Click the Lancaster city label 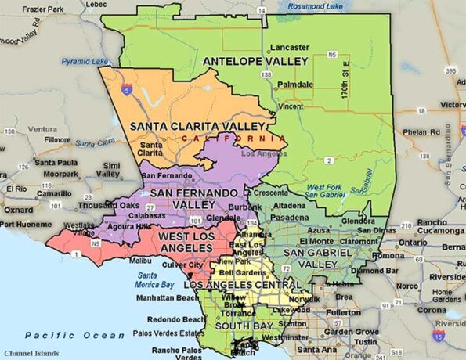coord(290,47)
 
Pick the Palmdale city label coord(295,84)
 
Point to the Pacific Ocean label coord(61,334)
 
